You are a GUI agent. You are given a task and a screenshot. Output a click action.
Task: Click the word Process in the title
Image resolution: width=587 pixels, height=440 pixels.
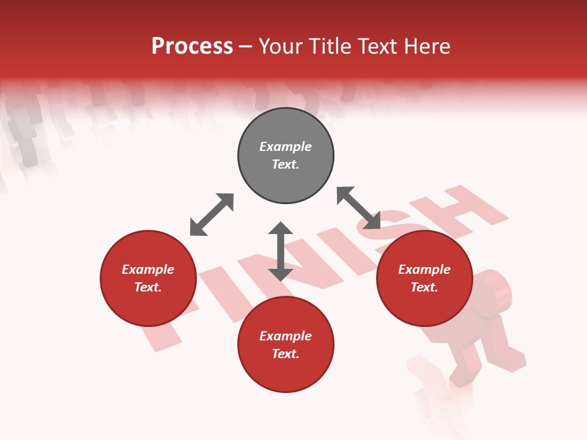coord(192,46)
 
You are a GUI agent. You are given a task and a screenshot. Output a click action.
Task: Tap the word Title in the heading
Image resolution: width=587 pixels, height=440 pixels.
coord(333,46)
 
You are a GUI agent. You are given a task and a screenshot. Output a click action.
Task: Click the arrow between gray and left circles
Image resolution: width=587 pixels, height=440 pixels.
coord(212,215)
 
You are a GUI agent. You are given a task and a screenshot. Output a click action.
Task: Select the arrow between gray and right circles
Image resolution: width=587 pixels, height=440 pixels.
coord(358,208)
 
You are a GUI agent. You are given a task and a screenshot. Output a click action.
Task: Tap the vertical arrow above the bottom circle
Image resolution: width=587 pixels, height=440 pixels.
coord(281,251)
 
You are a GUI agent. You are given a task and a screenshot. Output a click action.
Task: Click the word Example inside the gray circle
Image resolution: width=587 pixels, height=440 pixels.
coord(286,147)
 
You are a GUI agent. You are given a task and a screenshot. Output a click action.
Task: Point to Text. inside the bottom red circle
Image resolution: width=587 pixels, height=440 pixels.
coord(286,354)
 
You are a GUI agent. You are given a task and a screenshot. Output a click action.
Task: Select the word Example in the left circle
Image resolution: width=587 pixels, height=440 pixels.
coord(148,269)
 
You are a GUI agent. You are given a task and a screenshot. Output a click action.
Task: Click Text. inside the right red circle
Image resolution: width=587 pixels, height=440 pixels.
coord(424,287)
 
